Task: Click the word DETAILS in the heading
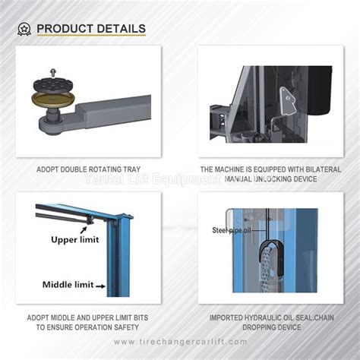[x=119, y=29]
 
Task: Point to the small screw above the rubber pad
[x=53, y=69]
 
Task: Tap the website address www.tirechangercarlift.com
[x=181, y=343]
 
